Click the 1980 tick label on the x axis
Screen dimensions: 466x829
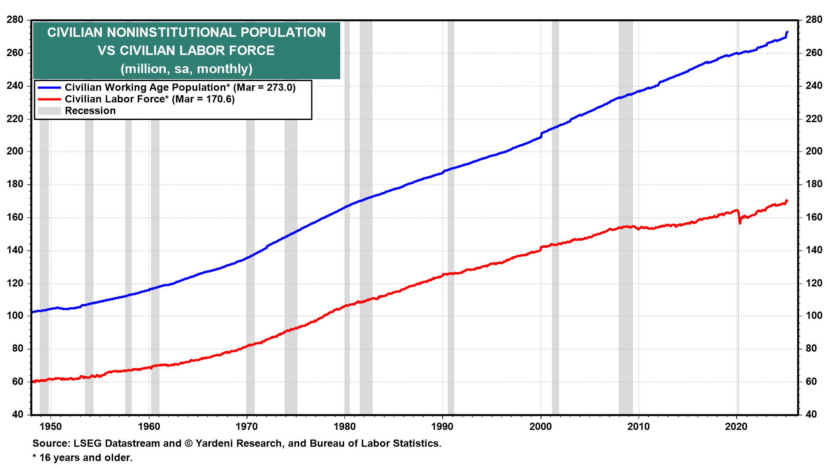(x=345, y=427)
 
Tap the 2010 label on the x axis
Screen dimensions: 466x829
(x=638, y=427)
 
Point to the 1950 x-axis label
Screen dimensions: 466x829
(x=51, y=427)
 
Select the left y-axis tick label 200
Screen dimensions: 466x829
(x=15, y=151)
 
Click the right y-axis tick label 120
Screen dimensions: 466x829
(x=814, y=283)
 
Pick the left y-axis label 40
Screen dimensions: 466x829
(x=18, y=415)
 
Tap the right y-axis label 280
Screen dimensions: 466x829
(x=814, y=20)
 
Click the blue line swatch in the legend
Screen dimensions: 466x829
(x=49, y=88)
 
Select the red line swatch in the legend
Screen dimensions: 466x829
(x=49, y=99)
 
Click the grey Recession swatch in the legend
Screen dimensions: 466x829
(x=49, y=111)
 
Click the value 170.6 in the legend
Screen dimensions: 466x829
(x=220, y=99)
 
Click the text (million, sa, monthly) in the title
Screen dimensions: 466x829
(x=187, y=69)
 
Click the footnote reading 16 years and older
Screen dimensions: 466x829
(x=85, y=458)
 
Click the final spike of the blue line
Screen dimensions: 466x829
(x=787, y=33)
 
